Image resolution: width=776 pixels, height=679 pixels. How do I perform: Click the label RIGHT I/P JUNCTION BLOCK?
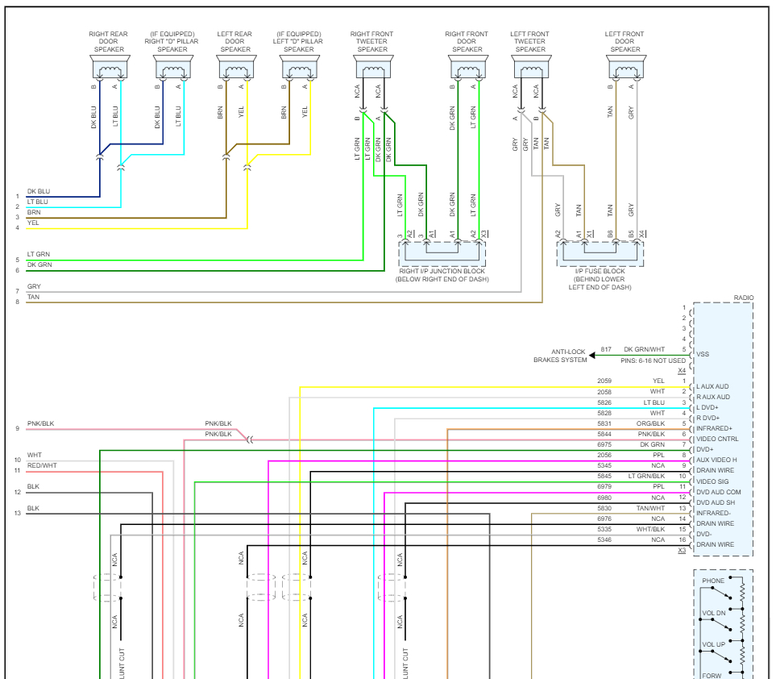tap(442, 271)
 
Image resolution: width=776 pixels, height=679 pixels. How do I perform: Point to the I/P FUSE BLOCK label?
tap(600, 271)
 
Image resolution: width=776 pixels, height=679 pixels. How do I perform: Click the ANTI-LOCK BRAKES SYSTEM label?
tap(560, 356)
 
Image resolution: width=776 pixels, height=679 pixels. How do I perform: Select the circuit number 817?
tap(606, 349)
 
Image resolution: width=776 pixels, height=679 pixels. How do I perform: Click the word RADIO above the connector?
tap(744, 298)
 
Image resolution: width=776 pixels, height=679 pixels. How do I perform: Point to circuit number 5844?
tap(604, 434)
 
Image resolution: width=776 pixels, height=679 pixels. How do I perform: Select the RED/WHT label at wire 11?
tap(42, 466)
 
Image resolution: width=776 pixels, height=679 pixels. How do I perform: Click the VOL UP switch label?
tap(713, 644)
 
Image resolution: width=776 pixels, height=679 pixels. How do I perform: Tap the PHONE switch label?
tap(713, 581)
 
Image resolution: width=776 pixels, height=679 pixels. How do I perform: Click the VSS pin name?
tap(703, 354)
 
